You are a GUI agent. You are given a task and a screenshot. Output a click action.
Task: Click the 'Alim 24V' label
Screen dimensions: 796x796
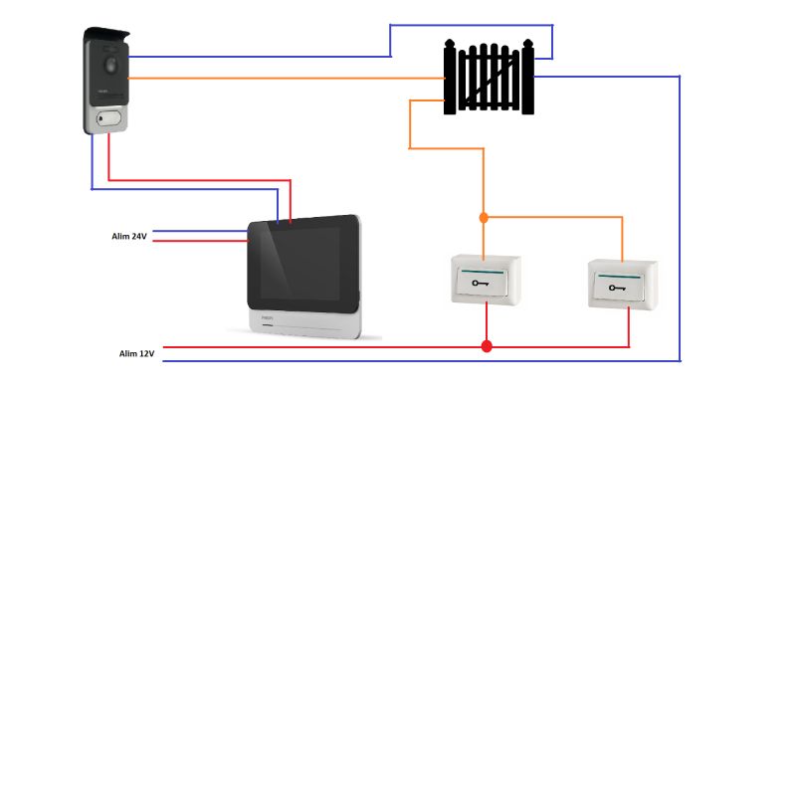129,236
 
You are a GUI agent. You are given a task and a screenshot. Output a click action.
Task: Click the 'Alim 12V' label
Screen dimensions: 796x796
136,353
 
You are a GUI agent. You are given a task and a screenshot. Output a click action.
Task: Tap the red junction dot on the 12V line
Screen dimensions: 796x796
487,346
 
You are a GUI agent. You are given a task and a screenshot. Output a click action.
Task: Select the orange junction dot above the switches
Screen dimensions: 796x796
484,218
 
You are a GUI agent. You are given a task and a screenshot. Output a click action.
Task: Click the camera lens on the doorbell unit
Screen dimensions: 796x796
110,65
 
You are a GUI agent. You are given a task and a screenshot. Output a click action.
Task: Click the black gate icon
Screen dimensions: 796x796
489,77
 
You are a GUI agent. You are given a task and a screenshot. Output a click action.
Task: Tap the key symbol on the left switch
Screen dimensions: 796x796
480,283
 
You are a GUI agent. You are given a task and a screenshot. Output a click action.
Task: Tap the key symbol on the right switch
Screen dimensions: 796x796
617,288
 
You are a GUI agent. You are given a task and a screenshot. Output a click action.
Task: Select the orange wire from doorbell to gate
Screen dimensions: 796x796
287,79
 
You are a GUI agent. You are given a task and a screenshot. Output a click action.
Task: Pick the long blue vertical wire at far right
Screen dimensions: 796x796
680,218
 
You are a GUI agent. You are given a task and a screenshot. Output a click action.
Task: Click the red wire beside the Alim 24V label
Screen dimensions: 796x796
201,241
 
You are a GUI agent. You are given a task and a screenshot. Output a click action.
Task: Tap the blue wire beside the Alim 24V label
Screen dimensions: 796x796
201,231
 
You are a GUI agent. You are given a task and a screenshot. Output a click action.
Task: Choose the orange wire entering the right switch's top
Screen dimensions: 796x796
623,240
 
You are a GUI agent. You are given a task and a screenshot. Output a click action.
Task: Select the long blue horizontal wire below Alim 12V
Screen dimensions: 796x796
421,361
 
